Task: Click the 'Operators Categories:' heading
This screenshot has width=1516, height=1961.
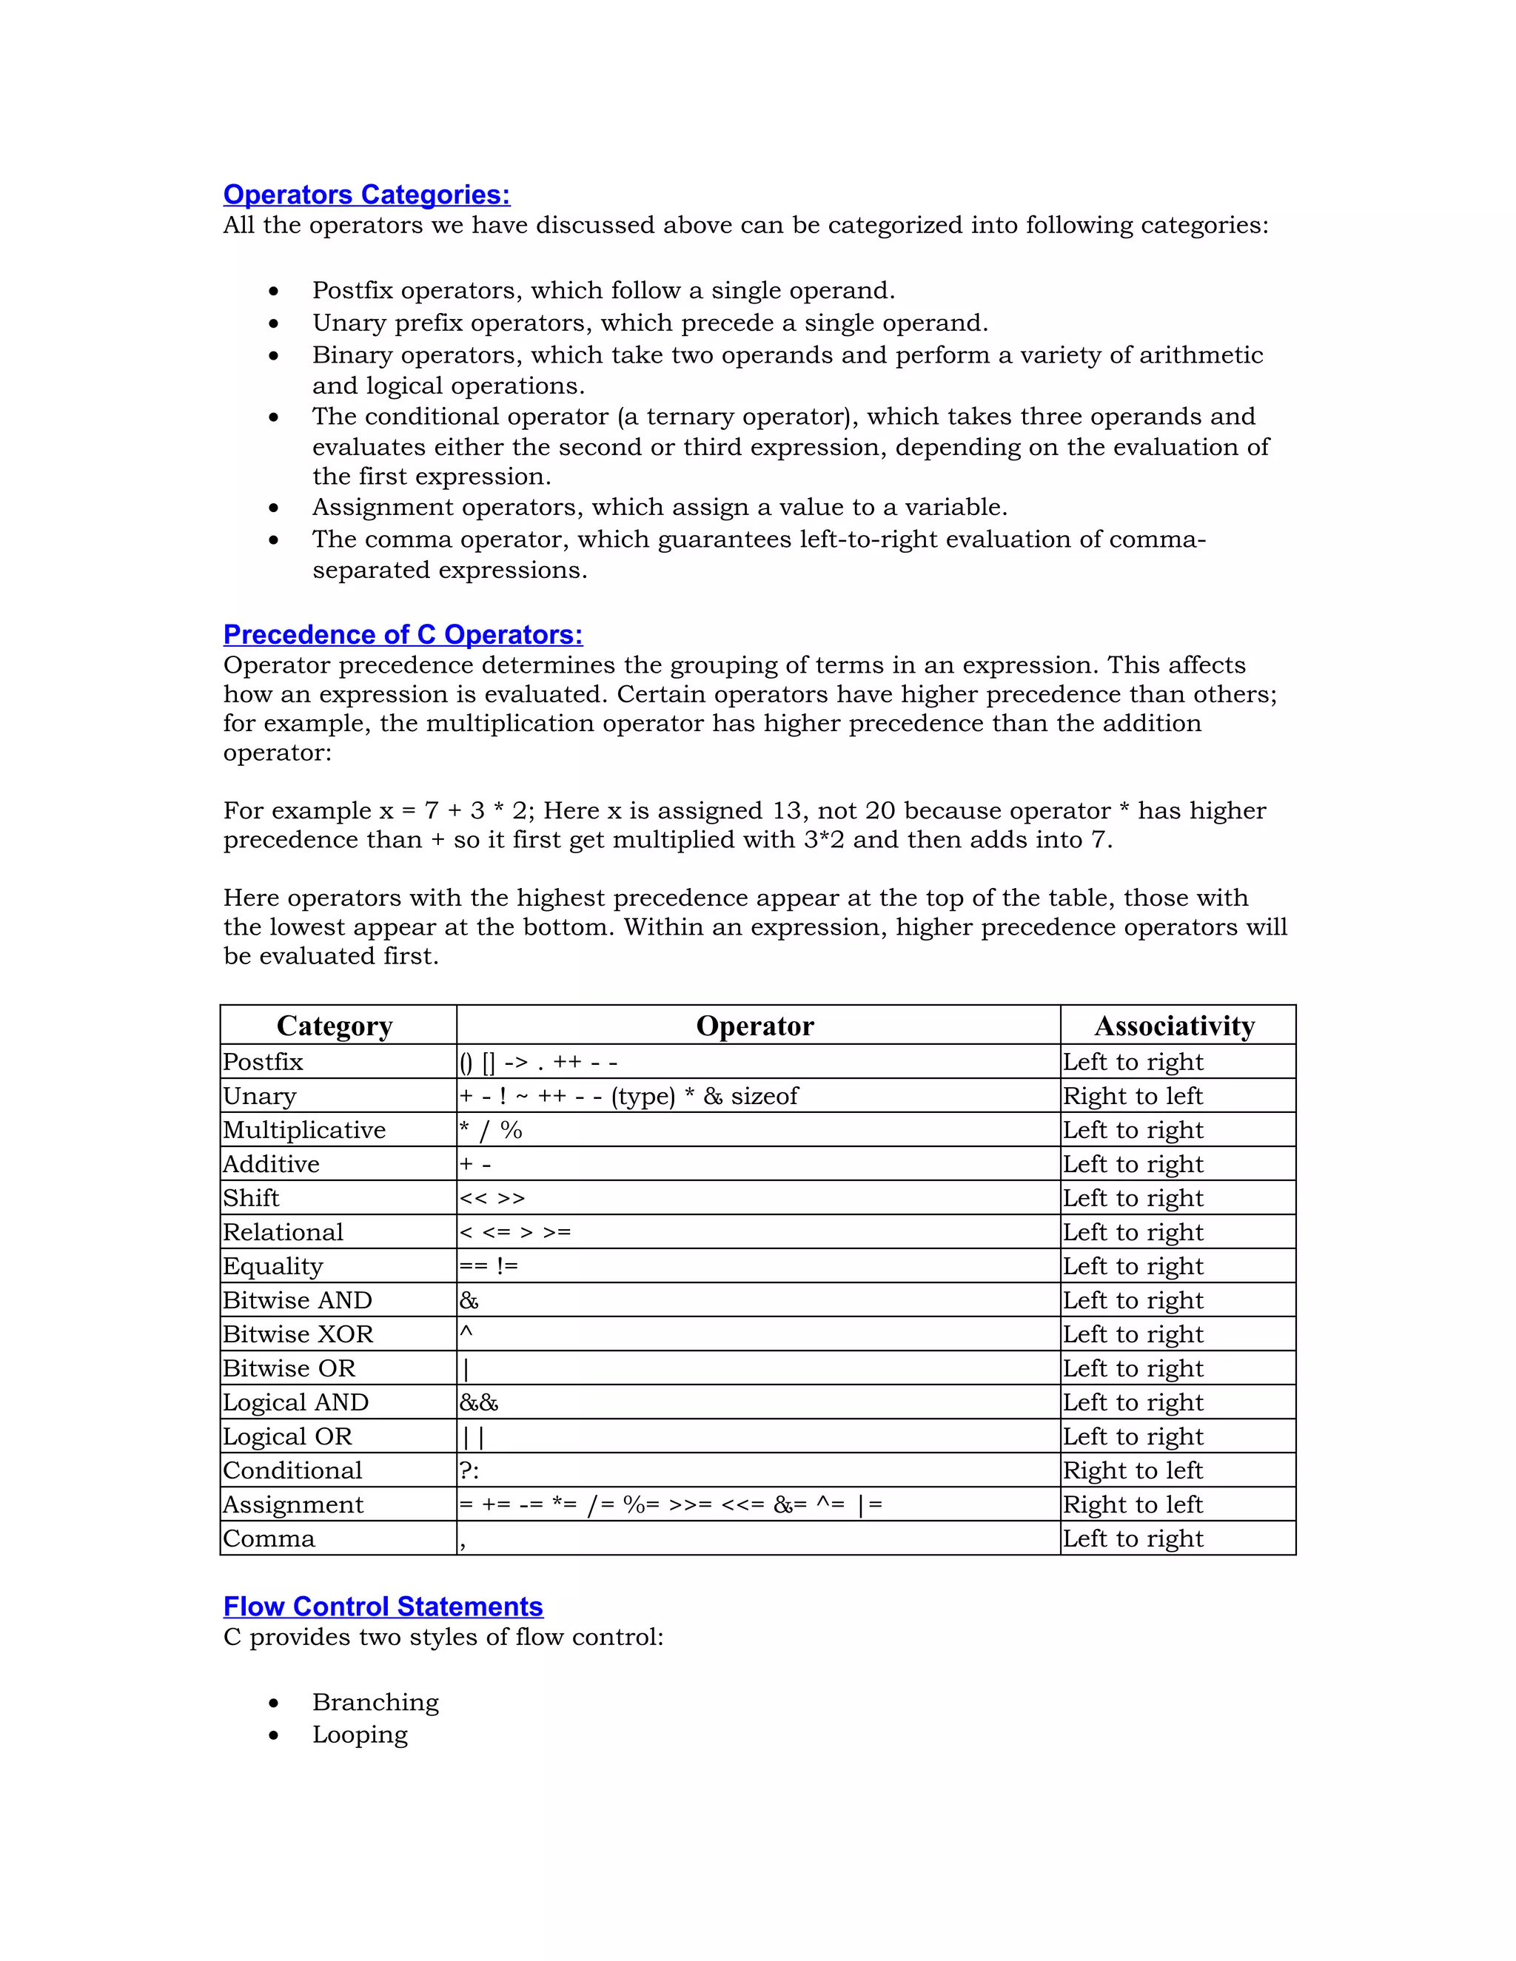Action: [366, 195]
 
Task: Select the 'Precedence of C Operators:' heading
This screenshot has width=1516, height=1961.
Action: [403, 635]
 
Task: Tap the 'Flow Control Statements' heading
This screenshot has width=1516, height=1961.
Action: [383, 1607]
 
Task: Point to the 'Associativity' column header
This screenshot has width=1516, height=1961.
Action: [1174, 1026]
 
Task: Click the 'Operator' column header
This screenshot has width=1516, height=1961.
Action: [754, 1026]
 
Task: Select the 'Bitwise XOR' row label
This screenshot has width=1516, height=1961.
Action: [298, 1334]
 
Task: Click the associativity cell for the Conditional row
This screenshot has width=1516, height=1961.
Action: [1133, 1471]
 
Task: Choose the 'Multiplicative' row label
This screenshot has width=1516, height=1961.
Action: [304, 1131]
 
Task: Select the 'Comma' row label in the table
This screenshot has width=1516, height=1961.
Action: [269, 1539]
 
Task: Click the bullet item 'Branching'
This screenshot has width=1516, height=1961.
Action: [375, 1703]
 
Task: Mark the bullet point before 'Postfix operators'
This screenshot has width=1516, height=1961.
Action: [274, 292]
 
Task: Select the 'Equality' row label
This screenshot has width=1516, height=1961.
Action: [273, 1267]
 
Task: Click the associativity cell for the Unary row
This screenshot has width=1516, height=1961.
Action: [1133, 1097]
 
